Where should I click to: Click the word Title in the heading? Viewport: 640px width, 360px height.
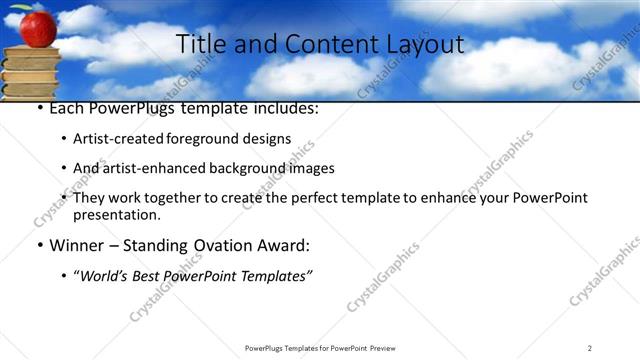[x=198, y=45]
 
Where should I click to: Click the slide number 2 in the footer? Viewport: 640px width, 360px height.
[x=589, y=347]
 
